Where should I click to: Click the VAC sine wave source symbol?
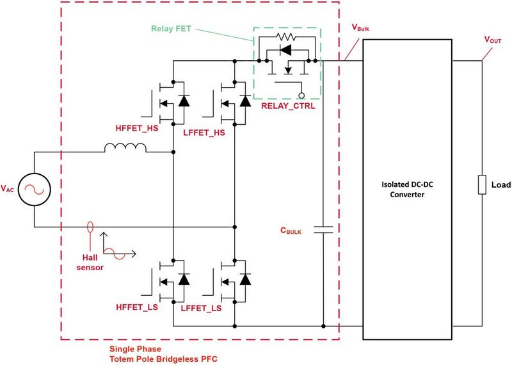[33, 189]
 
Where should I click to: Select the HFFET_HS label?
[137, 128]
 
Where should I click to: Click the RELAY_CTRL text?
[288, 106]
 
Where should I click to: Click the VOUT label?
[493, 40]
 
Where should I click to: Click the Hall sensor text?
[84, 261]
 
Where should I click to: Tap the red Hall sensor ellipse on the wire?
[89, 227]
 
